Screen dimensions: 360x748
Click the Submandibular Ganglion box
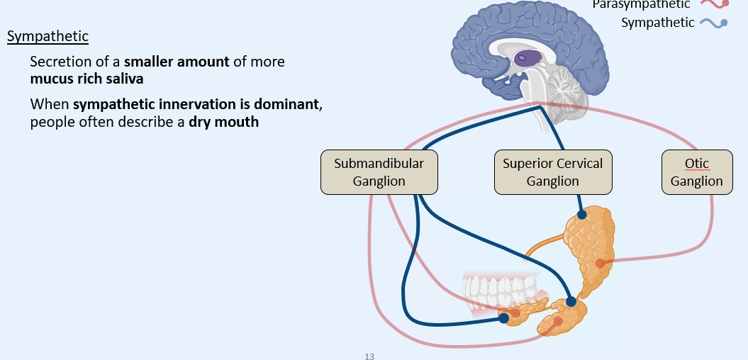coord(379,172)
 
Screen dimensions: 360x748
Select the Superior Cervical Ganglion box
coord(552,172)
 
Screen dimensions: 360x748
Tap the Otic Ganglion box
coord(696,172)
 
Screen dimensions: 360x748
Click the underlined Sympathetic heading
coord(48,37)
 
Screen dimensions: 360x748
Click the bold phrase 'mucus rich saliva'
coord(86,78)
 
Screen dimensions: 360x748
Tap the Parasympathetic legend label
coord(641,5)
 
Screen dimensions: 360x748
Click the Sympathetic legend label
coord(657,23)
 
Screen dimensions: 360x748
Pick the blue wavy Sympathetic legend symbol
coord(713,23)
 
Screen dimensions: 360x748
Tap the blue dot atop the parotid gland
coord(581,214)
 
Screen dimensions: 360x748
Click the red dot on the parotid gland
coord(600,264)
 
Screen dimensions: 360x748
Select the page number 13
coord(369,356)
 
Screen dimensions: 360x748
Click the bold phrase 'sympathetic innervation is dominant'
coord(196,105)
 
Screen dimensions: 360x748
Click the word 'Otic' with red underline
coord(696,164)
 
